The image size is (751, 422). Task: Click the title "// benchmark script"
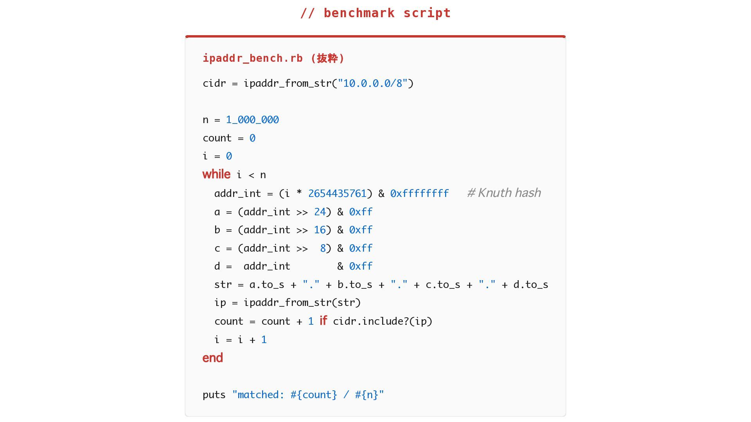click(375, 13)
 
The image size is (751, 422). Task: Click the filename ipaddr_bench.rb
click(253, 58)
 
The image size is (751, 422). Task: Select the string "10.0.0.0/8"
click(373, 83)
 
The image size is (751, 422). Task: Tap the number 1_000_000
click(252, 120)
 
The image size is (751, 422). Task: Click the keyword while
click(216, 174)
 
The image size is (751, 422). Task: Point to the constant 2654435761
click(337, 193)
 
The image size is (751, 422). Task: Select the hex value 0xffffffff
click(419, 193)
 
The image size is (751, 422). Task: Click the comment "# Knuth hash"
click(504, 193)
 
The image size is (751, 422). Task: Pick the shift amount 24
click(320, 212)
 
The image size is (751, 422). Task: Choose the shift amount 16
click(320, 230)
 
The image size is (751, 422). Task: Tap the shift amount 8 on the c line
click(323, 248)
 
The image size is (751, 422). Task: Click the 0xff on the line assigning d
click(361, 266)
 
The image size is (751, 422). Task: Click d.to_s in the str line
click(530, 284)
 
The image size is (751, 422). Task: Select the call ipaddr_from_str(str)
click(302, 302)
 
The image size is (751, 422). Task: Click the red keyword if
click(323, 321)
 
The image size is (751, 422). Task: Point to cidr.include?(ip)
click(383, 321)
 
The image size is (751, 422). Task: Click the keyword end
click(213, 358)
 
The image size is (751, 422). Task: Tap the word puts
click(214, 395)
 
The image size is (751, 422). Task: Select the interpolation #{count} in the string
click(314, 395)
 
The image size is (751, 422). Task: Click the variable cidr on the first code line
click(214, 83)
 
